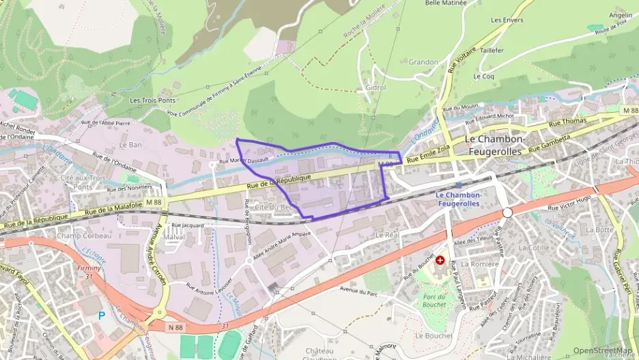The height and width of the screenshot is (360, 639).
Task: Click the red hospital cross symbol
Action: click(440, 260)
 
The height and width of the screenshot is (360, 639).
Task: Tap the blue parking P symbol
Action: click(102, 315)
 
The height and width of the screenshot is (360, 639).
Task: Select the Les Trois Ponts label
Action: click(153, 100)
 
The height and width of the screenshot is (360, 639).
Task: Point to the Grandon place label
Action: click(423, 62)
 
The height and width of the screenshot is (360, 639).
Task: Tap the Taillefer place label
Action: click(492, 51)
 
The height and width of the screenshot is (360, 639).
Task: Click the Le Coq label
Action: click(483, 77)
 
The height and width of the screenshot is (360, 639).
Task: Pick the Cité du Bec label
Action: click(274, 206)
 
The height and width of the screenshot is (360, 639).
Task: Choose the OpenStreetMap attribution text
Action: click(603, 350)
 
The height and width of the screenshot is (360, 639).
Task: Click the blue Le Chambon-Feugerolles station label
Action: click(459, 198)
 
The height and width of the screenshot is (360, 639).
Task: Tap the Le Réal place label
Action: click(386, 234)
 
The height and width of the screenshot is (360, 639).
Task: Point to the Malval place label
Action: click(174, 237)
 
